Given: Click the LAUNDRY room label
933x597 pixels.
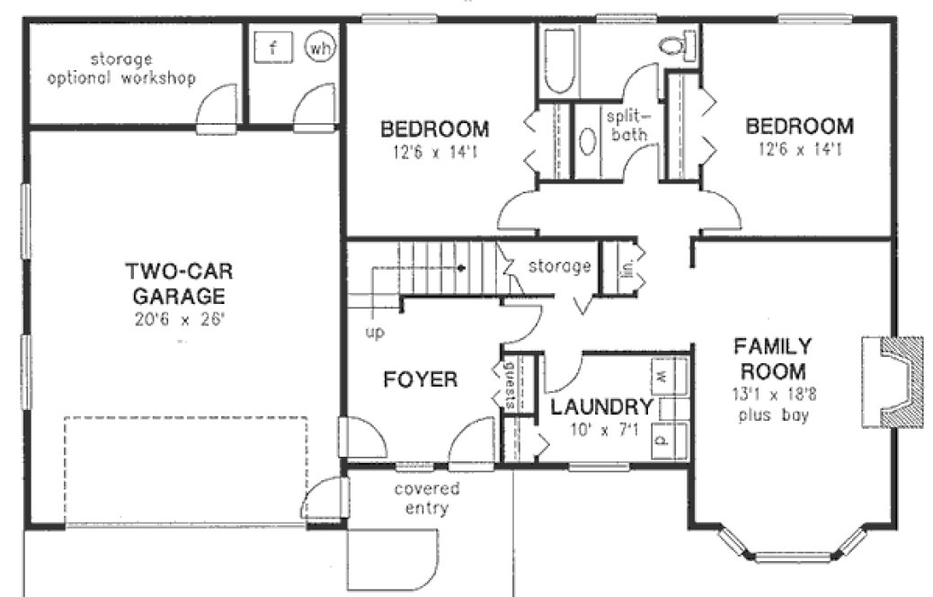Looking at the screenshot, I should click(600, 406).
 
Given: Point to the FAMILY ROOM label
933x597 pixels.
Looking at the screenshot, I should click(772, 358).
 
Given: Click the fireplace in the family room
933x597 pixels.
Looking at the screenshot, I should click(890, 381).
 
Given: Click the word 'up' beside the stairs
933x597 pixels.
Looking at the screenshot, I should click(374, 332).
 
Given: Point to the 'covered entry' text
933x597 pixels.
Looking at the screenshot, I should click(427, 499).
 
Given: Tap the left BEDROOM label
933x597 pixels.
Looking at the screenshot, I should click(434, 128).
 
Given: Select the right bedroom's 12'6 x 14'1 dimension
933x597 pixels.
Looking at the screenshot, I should click(794, 150).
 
